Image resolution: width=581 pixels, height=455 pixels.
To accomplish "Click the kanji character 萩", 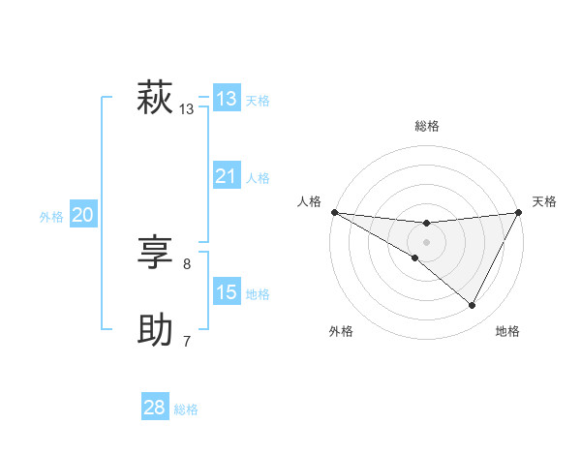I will (155, 100).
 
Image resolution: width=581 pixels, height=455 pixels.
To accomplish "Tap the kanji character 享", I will (155, 255).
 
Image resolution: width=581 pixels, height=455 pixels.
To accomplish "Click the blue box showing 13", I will (226, 99).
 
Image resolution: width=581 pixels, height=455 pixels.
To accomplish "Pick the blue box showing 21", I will (226, 176).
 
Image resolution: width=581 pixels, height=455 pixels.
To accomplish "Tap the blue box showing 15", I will (226, 292).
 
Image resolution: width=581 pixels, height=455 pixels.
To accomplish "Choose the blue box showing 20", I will (82, 215).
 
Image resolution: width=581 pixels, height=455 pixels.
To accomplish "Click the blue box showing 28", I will (154, 408).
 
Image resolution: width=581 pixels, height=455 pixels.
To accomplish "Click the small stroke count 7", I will (187, 341).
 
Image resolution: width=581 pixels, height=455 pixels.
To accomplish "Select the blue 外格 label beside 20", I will (51, 217).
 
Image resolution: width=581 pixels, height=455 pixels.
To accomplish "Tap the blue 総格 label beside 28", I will (186, 409).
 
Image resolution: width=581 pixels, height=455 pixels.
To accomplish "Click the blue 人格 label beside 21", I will (258, 178).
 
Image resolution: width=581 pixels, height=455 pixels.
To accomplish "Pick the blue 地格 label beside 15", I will (258, 294).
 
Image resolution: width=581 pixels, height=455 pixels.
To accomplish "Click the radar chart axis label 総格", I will (427, 126).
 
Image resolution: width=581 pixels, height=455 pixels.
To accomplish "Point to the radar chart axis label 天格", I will (544, 201).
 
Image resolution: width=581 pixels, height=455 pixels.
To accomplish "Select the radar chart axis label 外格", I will (341, 331).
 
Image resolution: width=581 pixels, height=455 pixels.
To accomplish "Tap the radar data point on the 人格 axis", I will (334, 212).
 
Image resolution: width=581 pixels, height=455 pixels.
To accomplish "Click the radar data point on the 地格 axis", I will (473, 306).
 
